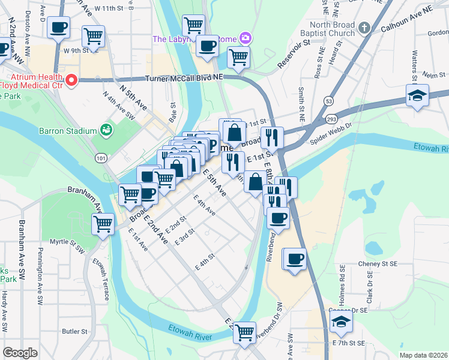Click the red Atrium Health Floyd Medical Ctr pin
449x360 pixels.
[72, 80]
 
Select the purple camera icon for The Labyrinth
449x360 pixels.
[245, 39]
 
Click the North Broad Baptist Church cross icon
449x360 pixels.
[364, 28]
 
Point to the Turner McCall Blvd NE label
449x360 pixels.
[185, 79]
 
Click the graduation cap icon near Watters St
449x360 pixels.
[417, 95]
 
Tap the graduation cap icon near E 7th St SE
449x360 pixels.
[341, 321]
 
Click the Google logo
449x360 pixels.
[20, 353]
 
